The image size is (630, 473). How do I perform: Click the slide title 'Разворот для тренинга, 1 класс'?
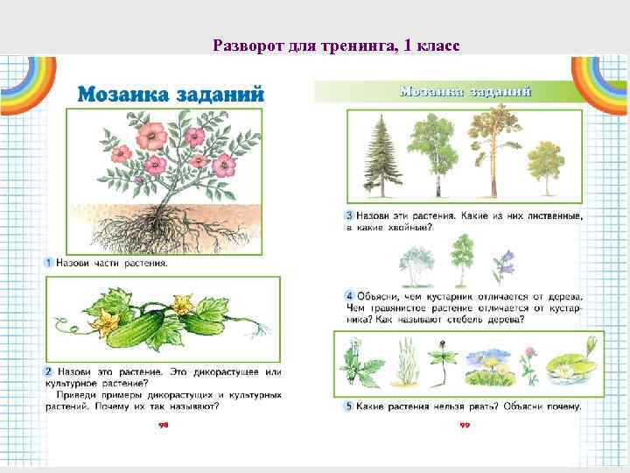(336, 46)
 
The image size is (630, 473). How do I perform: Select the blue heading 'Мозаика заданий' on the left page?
(171, 95)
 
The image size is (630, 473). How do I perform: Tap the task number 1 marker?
(50, 263)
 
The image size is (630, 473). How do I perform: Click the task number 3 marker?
(349, 215)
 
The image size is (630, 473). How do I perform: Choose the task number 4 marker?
(349, 296)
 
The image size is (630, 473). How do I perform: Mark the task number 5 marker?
(349, 406)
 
